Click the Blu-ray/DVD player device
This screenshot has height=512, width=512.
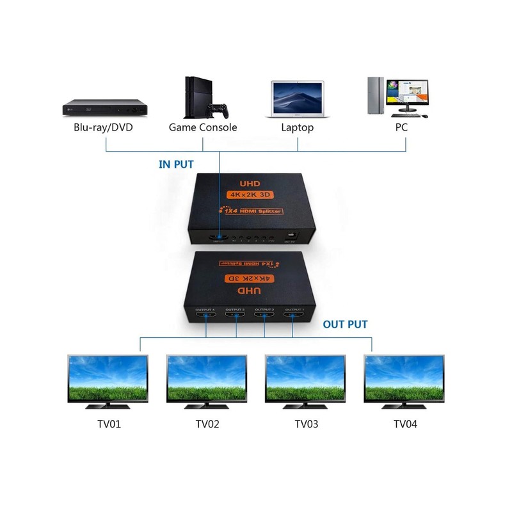click(x=106, y=106)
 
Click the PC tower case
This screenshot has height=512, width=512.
click(x=376, y=96)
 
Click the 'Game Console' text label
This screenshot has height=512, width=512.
click(x=203, y=127)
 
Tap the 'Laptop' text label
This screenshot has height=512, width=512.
click(x=298, y=127)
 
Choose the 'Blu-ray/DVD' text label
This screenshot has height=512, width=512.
click(x=103, y=127)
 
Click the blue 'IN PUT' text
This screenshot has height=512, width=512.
click(x=176, y=164)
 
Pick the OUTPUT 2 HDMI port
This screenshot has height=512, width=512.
click(x=264, y=315)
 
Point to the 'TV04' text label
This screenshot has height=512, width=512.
click(x=405, y=424)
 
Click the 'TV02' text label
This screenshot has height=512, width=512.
click(x=207, y=424)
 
